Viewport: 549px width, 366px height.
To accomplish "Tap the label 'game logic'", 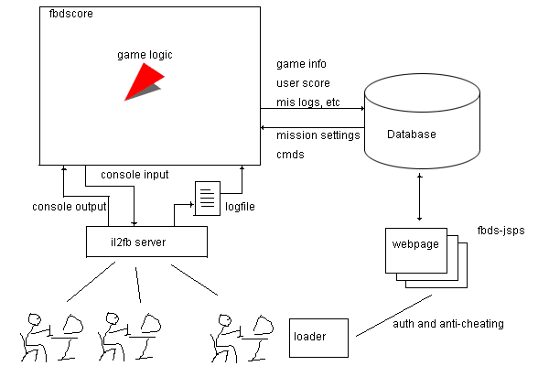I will click(x=145, y=55).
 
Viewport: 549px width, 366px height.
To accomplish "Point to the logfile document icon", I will click(x=207, y=198).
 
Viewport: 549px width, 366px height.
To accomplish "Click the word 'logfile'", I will click(x=241, y=207).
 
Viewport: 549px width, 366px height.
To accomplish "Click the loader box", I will click(x=319, y=338).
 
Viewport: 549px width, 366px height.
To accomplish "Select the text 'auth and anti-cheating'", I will click(x=447, y=324).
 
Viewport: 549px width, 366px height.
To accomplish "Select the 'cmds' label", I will click(x=292, y=155).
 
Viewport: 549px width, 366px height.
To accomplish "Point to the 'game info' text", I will click(x=301, y=64).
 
